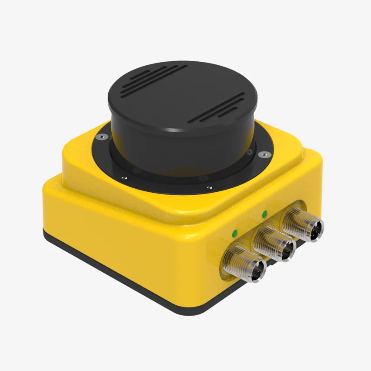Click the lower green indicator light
[235, 233]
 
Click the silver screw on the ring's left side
[100, 137]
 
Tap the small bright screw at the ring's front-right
[209, 187]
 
